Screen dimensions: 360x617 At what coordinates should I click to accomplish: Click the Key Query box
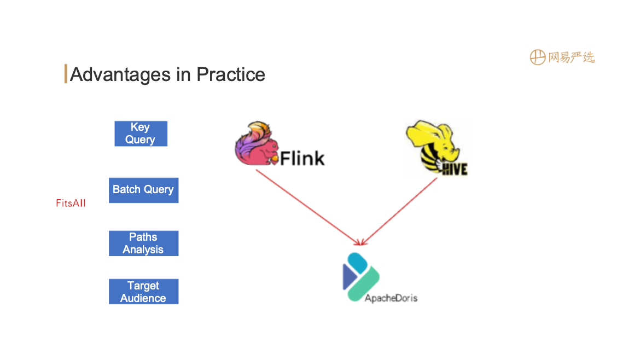pyautogui.click(x=141, y=133)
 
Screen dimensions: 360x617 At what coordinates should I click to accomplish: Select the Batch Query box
pyautogui.click(x=143, y=190)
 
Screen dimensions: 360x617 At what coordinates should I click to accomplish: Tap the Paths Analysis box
pyautogui.click(x=143, y=243)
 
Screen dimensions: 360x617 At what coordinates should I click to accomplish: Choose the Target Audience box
pyautogui.click(x=143, y=292)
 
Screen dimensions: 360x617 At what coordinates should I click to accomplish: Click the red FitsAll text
pyautogui.click(x=71, y=204)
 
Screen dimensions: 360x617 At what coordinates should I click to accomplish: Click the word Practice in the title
pyautogui.click(x=231, y=74)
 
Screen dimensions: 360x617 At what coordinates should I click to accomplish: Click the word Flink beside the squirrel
pyautogui.click(x=302, y=158)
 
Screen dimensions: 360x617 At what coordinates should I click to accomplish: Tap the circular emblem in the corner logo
pyautogui.click(x=538, y=57)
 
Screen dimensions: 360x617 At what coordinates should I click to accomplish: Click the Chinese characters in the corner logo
pyautogui.click(x=571, y=57)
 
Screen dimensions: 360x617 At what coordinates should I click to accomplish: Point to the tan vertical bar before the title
pyautogui.click(x=66, y=74)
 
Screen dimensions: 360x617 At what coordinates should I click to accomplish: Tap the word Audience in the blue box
pyautogui.click(x=143, y=298)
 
